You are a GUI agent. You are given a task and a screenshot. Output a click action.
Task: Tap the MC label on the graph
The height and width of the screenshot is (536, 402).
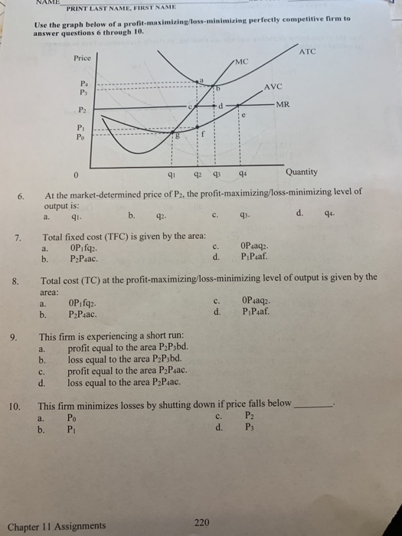coord(243,61)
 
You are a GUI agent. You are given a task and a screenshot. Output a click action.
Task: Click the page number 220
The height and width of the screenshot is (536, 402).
coord(201,522)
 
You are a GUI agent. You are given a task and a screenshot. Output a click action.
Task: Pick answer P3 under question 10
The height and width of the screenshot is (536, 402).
coord(249,428)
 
